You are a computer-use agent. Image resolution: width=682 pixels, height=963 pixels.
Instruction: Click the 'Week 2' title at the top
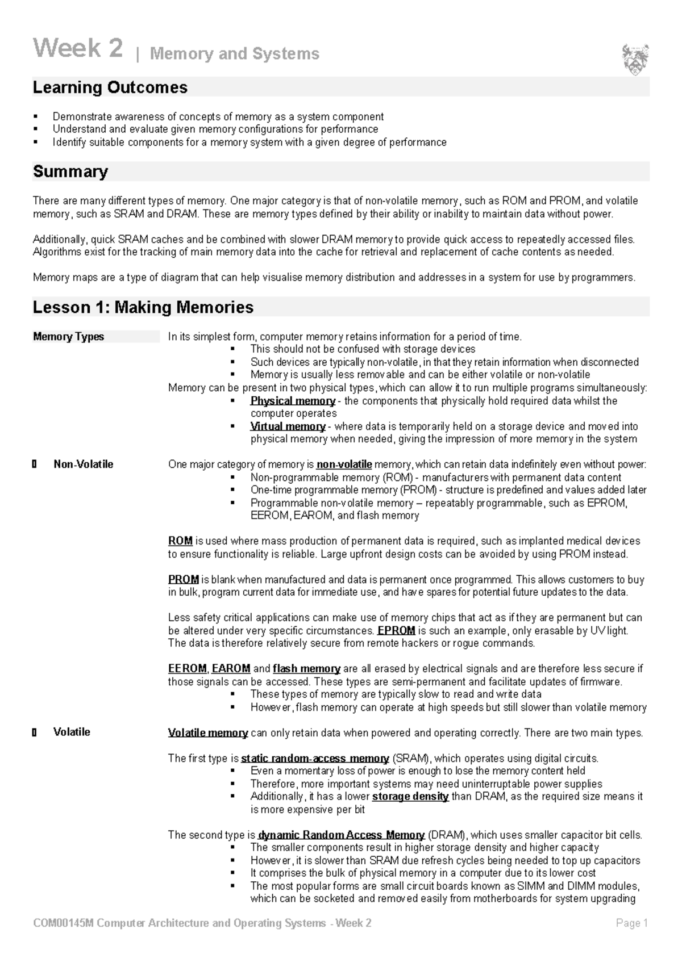click(x=78, y=48)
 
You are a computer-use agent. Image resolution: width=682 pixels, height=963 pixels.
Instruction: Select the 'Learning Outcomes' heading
click(x=110, y=87)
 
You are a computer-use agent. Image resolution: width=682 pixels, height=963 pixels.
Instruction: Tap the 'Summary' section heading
click(x=70, y=171)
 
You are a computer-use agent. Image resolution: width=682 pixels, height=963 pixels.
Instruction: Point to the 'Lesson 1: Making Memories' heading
click(x=143, y=307)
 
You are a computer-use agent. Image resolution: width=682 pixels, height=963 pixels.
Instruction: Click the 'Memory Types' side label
click(x=68, y=337)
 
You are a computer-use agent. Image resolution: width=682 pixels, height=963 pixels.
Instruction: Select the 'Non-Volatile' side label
click(x=83, y=464)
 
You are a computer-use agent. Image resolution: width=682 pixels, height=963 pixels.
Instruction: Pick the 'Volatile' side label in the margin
click(x=72, y=732)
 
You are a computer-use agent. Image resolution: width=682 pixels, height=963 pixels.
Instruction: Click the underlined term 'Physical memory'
click(x=293, y=401)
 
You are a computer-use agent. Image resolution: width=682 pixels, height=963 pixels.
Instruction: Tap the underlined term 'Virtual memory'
click(x=288, y=426)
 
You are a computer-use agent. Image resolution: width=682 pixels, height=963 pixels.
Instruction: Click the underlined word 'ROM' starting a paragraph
click(x=180, y=541)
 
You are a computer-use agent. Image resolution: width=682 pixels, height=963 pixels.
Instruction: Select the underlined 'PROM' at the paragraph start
click(x=183, y=580)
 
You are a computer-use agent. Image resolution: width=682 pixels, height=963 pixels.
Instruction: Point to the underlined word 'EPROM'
click(x=396, y=631)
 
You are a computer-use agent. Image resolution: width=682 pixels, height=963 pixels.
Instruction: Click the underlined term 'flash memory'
click(x=306, y=669)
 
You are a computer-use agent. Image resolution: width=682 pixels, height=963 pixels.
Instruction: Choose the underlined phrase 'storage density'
click(x=410, y=797)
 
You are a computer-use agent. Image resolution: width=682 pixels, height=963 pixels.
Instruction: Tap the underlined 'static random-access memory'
click(x=315, y=759)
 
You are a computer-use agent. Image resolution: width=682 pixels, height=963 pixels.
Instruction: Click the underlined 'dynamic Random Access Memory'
click(x=341, y=835)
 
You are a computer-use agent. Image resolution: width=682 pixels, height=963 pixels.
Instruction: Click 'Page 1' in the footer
click(x=631, y=923)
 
